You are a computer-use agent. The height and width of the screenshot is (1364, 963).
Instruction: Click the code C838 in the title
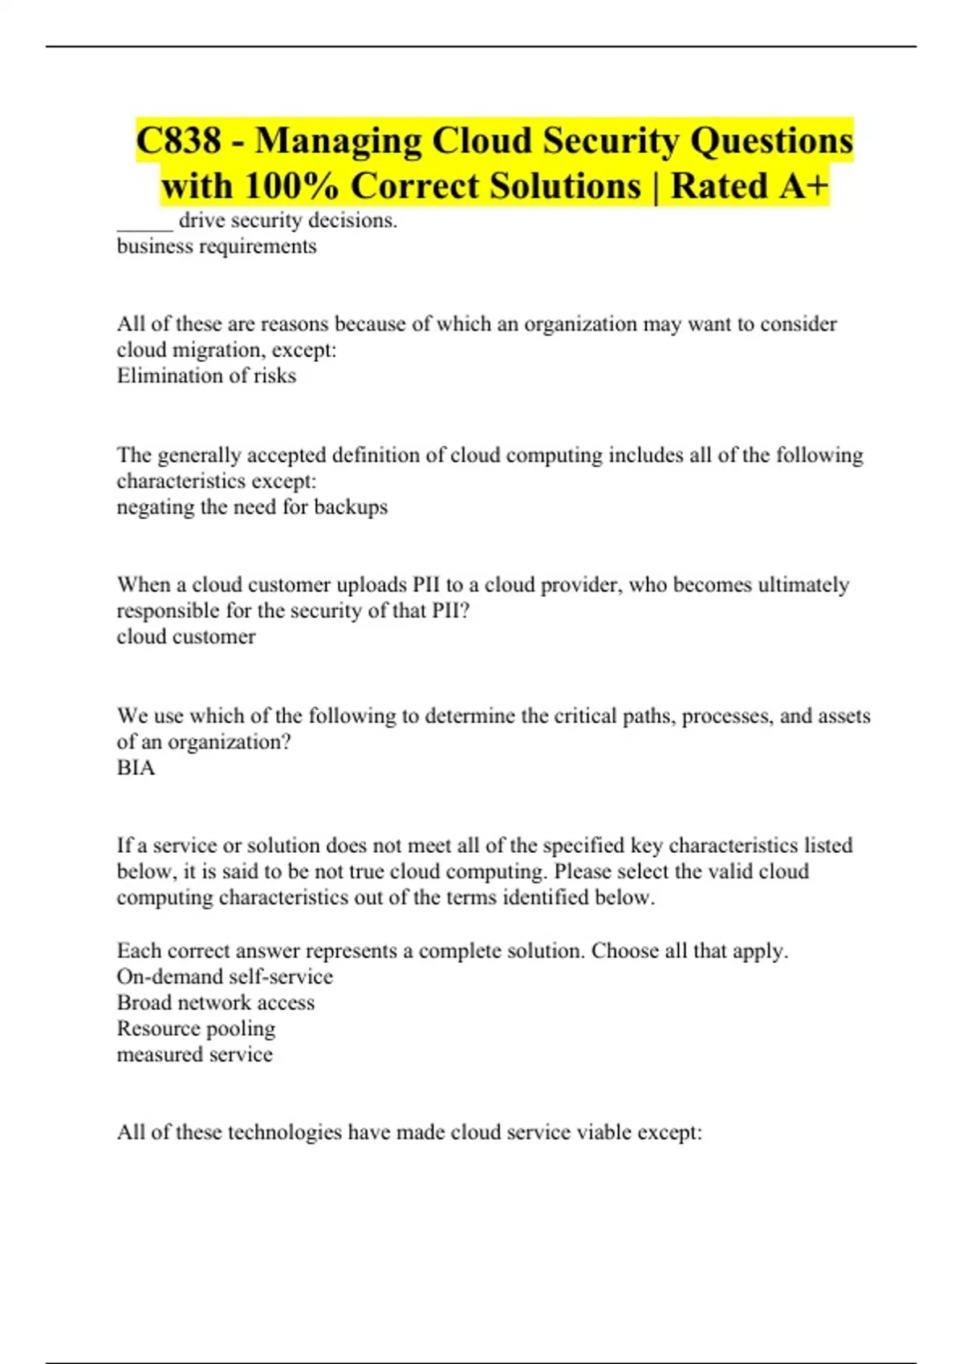tap(178, 141)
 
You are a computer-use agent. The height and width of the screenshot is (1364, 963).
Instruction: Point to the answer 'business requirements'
tap(217, 246)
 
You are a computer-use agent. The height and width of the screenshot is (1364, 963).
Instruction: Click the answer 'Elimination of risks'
tap(206, 376)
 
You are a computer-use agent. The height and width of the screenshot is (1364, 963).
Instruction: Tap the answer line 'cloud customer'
tap(186, 636)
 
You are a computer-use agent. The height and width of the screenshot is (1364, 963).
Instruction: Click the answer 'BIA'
tap(136, 768)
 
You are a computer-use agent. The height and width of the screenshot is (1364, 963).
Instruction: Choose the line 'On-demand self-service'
tap(225, 976)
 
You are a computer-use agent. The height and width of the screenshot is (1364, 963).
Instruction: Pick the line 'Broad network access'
tap(216, 1003)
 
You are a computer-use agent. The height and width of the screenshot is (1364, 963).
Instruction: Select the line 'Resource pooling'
tap(196, 1029)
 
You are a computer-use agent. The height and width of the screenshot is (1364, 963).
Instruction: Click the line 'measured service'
tap(195, 1054)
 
